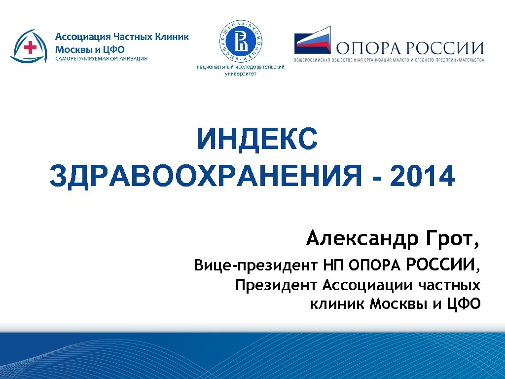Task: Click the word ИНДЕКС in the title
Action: click(x=257, y=140)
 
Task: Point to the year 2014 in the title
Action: click(x=422, y=177)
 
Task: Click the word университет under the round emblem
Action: click(x=241, y=74)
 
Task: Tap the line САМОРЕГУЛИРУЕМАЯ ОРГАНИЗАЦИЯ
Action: click(x=101, y=59)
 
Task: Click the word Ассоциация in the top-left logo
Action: click(x=82, y=37)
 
